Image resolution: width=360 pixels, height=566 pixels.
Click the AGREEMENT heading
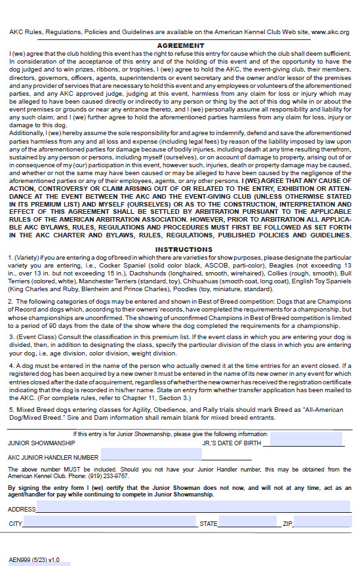[x=180, y=45]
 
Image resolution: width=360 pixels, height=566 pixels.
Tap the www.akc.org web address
[x=330, y=31]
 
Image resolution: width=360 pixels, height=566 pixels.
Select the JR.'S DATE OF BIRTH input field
[x=306, y=443]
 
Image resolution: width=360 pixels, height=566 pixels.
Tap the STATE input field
[x=247, y=523]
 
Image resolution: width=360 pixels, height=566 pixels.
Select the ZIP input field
[x=321, y=523]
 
